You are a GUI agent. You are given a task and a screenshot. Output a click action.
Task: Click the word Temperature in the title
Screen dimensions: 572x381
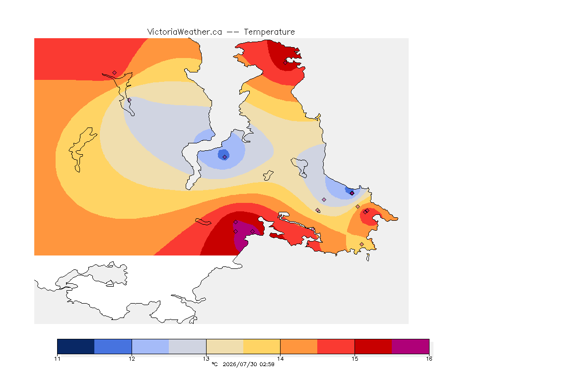coord(269,32)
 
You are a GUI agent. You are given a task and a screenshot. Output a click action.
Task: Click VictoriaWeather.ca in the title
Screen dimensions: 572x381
coord(185,32)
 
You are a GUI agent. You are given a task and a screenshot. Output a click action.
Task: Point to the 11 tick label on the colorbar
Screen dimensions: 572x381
coord(57,359)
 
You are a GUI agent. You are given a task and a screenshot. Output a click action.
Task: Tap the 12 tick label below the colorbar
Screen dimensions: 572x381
coord(132,359)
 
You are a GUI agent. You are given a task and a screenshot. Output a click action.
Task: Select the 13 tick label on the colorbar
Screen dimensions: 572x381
coord(206,359)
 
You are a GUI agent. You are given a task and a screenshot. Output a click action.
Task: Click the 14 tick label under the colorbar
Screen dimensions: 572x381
coord(280,359)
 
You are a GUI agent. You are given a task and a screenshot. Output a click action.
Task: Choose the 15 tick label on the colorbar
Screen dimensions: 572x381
coord(355,359)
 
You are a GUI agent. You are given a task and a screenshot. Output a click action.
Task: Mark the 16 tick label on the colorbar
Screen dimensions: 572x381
coord(429,359)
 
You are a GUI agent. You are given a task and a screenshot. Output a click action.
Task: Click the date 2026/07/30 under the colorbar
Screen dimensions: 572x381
coord(240,364)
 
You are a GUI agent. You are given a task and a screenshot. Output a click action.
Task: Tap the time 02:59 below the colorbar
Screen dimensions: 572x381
coord(267,364)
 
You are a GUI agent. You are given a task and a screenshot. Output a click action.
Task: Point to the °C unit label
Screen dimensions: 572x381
coord(214,364)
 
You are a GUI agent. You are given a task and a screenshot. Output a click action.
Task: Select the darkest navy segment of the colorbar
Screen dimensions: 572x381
coord(76,346)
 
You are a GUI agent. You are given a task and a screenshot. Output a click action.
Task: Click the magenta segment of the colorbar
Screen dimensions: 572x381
coord(411,346)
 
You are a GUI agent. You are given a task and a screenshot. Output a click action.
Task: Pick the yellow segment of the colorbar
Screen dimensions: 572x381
coord(262,346)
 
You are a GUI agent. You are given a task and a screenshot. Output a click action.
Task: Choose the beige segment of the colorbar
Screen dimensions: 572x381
coord(225,346)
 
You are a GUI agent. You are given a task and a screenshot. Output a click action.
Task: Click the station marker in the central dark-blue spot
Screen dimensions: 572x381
coord(225,157)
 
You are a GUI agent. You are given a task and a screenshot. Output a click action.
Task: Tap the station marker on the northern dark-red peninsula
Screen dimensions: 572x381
coord(286,63)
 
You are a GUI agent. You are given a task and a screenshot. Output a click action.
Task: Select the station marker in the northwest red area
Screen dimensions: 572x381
coord(115,73)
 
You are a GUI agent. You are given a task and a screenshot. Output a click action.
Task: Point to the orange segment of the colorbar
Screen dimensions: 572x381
coord(299,346)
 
